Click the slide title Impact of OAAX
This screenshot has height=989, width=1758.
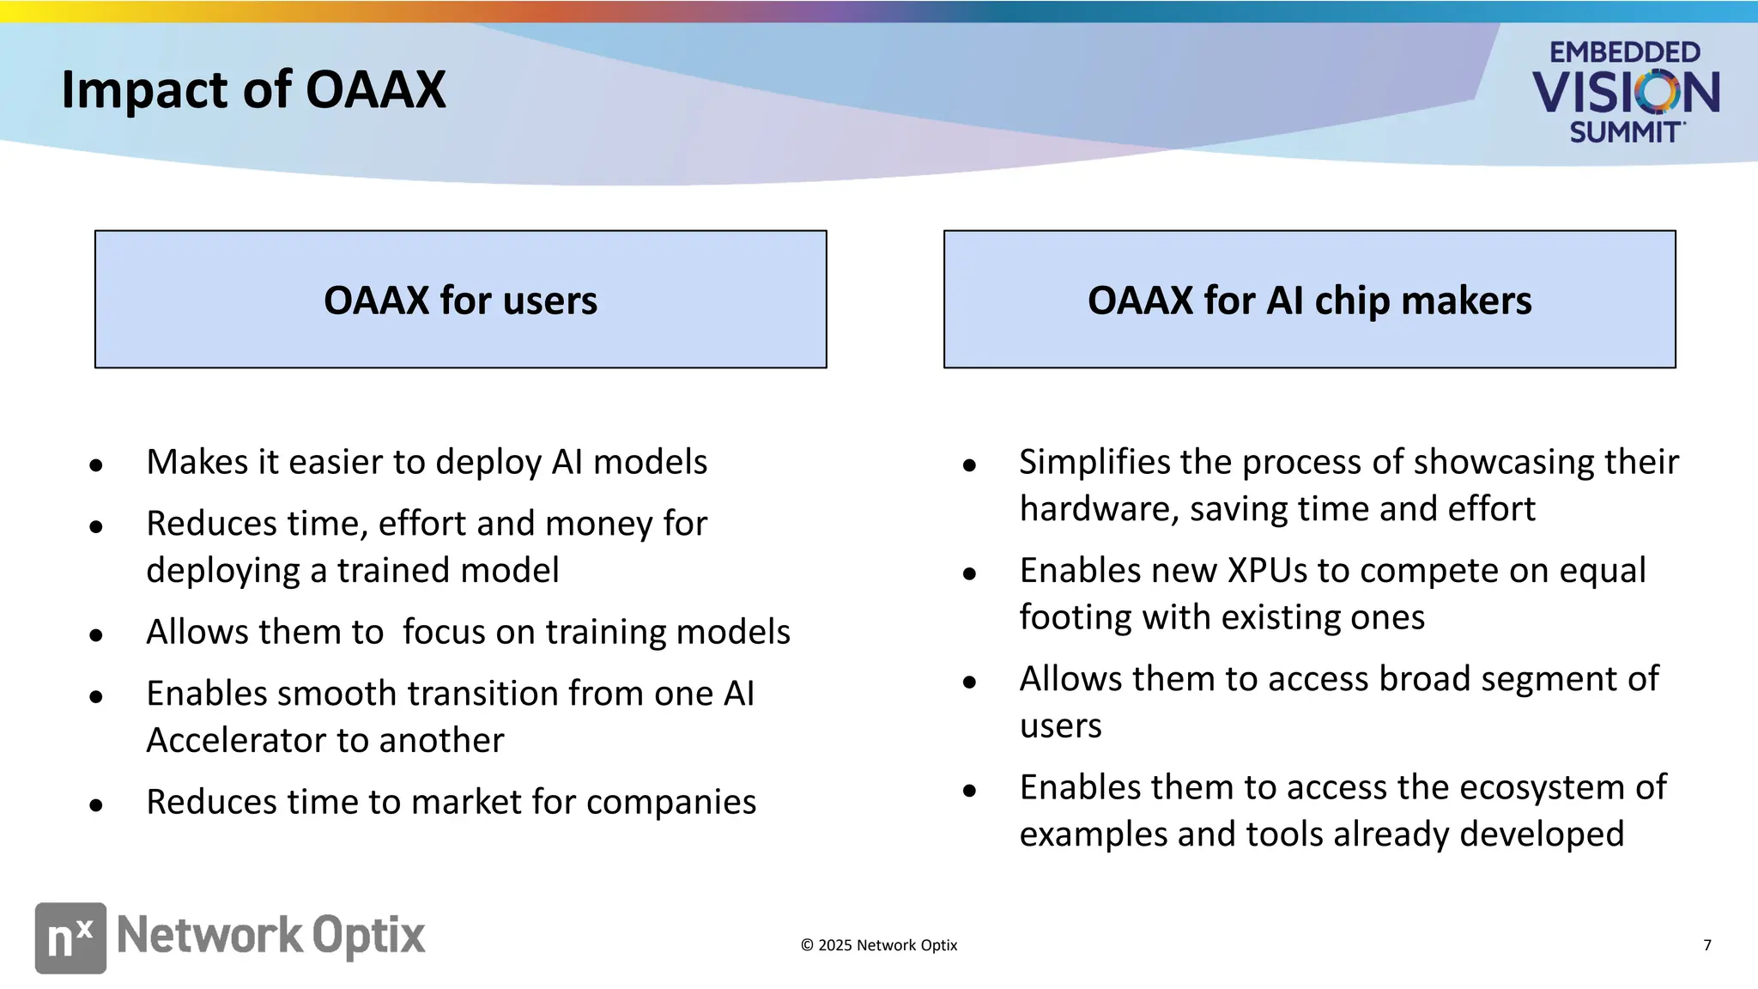pyautogui.click(x=253, y=89)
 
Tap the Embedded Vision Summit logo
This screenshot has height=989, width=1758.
pyautogui.click(x=1625, y=92)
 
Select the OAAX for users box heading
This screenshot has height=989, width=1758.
pyautogui.click(x=460, y=300)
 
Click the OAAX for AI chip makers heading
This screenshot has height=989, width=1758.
pyautogui.click(x=1309, y=300)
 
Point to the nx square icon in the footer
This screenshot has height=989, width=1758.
pyautogui.click(x=70, y=937)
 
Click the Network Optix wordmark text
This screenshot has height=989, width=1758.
pyautogui.click(x=270, y=936)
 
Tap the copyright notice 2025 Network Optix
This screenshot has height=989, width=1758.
pyautogui.click(x=878, y=945)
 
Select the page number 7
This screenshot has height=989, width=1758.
pyautogui.click(x=1706, y=945)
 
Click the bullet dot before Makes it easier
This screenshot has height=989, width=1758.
pyautogui.click(x=96, y=465)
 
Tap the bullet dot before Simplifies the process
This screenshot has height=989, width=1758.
pyautogui.click(x=969, y=465)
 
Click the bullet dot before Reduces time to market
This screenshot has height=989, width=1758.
pyautogui.click(x=96, y=805)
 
